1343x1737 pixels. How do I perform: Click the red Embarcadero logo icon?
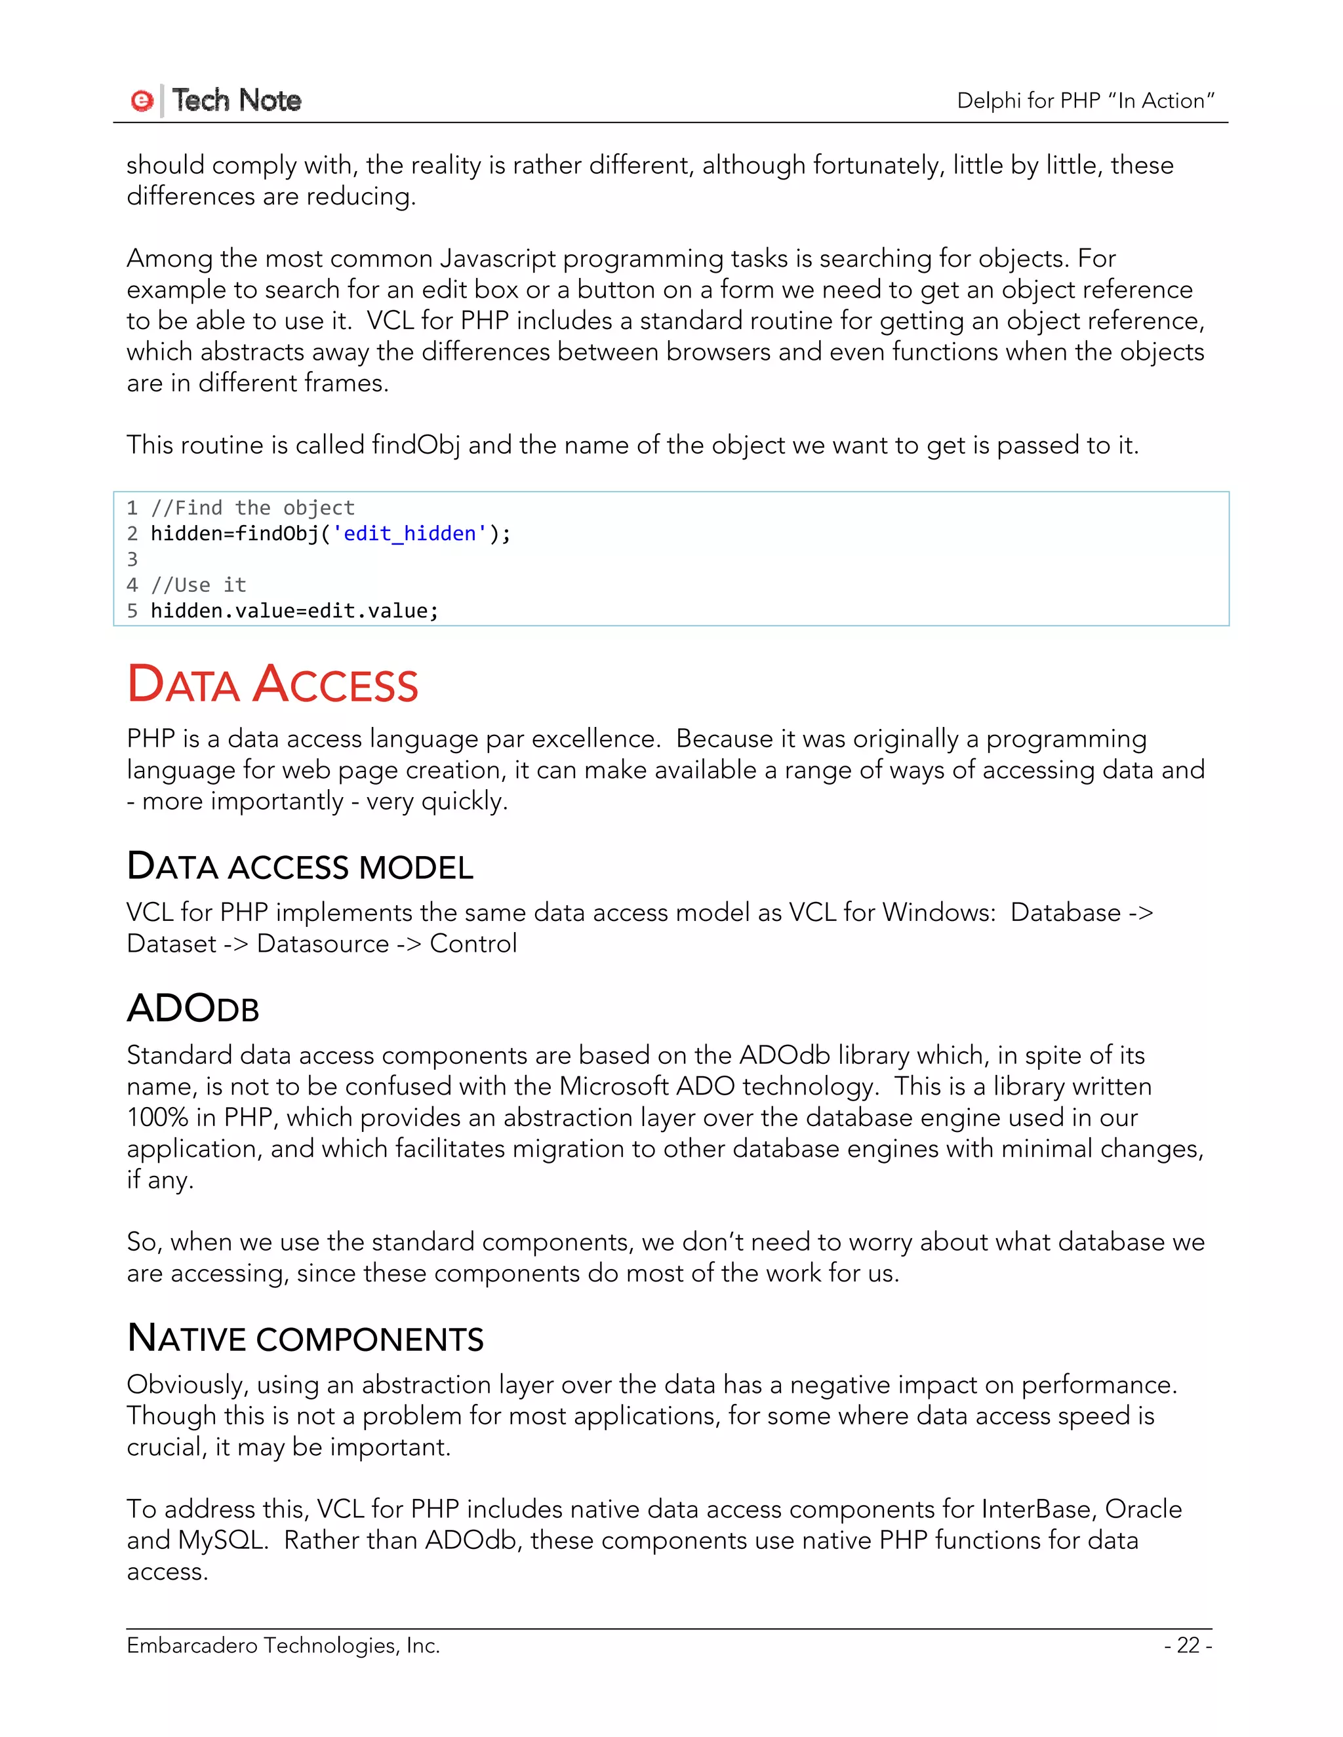coord(142,101)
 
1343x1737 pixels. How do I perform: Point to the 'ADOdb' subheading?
coord(193,1009)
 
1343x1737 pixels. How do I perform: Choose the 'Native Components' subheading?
coord(306,1338)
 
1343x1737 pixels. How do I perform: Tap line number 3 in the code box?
coord(132,559)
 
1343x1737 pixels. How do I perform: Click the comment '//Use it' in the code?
coord(199,585)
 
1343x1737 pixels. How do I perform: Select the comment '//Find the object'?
coord(252,508)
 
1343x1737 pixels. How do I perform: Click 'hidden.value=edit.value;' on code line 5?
coord(294,611)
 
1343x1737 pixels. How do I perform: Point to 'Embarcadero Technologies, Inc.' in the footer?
coord(283,1645)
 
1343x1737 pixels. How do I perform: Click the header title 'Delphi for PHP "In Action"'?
coord(1085,101)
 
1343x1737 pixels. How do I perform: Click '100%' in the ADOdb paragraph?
coord(157,1118)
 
